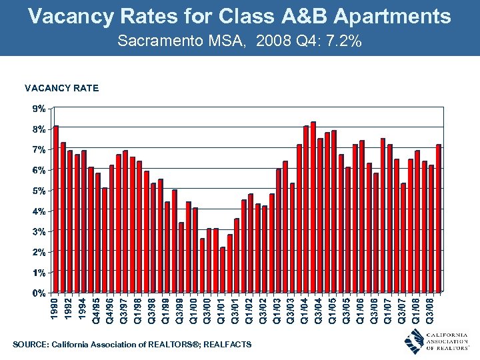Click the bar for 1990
click(57, 209)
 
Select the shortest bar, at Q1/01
click(223, 269)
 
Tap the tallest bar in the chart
click(313, 207)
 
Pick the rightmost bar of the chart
click(439, 218)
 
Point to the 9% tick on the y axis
click(40, 108)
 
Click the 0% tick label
click(40, 293)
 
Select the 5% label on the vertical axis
click(40, 191)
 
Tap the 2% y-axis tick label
click(40, 252)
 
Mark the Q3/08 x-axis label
click(432, 310)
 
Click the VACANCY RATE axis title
click(61, 87)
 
